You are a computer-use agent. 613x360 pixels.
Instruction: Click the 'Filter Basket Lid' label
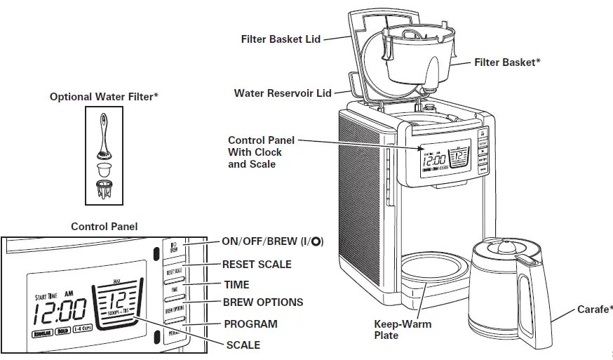click(x=281, y=39)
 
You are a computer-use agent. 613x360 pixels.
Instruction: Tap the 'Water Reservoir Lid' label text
click(x=282, y=93)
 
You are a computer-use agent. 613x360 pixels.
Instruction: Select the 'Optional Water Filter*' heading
click(x=104, y=97)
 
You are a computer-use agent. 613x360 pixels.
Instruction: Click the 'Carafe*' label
click(x=594, y=309)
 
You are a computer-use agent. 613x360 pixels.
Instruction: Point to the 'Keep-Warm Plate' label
click(x=403, y=330)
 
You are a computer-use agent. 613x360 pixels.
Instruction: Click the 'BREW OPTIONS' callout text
click(x=262, y=302)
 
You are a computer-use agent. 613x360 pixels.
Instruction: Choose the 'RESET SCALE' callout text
click(x=257, y=265)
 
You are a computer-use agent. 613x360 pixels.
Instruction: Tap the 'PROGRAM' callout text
click(x=250, y=324)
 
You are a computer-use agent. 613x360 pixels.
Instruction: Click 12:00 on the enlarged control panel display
click(x=61, y=309)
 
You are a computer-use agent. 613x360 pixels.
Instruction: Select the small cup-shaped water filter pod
click(x=105, y=168)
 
